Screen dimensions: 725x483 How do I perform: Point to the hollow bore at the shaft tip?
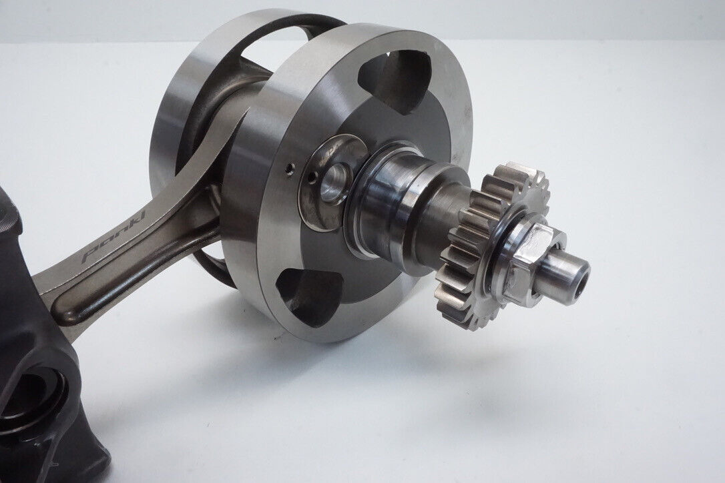click(x=583, y=275)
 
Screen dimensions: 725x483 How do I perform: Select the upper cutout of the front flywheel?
click(x=398, y=79)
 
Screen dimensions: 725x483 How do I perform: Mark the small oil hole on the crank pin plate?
click(x=314, y=176)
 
